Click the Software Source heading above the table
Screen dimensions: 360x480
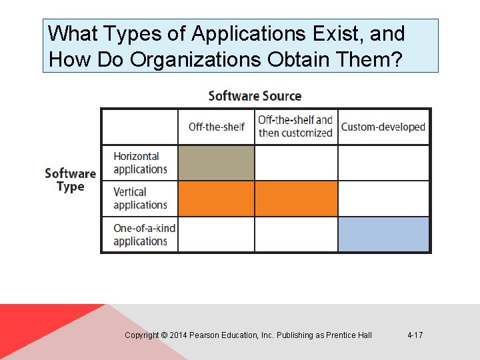(255, 96)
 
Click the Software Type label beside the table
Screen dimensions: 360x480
(70, 180)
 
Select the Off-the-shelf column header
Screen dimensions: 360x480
(216, 127)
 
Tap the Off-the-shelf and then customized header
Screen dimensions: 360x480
(295, 127)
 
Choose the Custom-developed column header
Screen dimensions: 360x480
(383, 127)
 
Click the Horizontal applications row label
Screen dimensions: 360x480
(140, 163)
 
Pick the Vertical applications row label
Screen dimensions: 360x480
(140, 199)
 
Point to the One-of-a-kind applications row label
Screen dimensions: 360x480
(144, 235)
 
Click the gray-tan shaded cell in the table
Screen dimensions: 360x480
(216, 163)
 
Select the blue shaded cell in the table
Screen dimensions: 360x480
(383, 235)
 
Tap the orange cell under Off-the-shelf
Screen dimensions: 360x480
(216, 199)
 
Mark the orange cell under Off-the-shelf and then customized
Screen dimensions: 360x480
(296, 199)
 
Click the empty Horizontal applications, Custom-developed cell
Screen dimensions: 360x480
(383, 163)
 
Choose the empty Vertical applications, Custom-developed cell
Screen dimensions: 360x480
(383, 199)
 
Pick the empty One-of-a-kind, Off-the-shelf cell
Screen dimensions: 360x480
(216, 235)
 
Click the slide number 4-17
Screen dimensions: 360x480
(415, 335)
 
